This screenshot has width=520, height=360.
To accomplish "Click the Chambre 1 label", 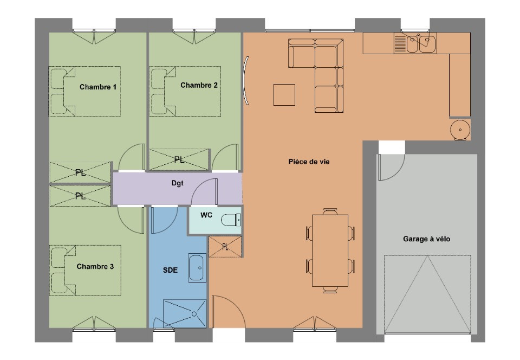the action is point(98,87).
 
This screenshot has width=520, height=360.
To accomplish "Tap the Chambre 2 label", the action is point(199,85).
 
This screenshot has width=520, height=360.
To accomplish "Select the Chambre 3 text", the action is point(95,266).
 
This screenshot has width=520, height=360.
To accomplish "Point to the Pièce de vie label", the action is point(309,162).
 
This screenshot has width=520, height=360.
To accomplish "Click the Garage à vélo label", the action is point(426,239).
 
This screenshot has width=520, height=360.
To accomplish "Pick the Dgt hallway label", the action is point(178,183).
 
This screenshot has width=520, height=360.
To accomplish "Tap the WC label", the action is point(206,215).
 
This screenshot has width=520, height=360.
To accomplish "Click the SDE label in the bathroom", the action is point(170,271).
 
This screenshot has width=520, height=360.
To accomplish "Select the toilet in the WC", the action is point(231,220).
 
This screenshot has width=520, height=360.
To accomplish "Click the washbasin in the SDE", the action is point(197,268).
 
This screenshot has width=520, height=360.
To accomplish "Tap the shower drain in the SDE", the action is point(194,314).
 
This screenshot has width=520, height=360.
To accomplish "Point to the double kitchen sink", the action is point(421,43).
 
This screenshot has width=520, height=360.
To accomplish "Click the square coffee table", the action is point(284,95).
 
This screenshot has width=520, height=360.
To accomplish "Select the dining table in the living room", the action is point(330,250).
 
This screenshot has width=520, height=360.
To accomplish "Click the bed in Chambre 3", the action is point(86,270).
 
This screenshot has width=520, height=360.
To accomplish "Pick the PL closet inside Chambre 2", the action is point(179,160).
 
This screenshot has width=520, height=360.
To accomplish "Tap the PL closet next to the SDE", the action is point(225,247).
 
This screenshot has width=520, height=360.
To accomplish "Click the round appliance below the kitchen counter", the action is point(460,130).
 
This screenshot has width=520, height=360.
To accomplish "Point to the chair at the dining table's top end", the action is point(330,211).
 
